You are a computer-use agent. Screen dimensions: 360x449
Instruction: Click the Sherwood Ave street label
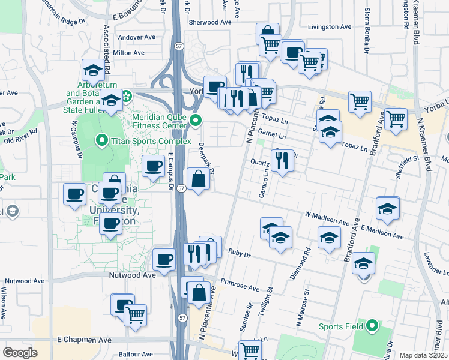point(209,22)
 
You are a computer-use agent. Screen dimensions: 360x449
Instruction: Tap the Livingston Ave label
point(329,27)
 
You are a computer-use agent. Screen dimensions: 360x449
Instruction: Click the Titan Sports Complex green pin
point(102,142)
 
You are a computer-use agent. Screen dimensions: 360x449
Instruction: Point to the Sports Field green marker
point(372,326)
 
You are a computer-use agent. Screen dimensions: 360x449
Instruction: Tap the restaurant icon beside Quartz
point(282,160)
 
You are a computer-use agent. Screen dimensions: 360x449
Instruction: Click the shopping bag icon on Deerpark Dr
point(198,178)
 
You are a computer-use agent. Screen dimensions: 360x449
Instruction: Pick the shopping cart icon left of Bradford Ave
point(359,101)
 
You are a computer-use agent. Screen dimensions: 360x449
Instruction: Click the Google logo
point(20,352)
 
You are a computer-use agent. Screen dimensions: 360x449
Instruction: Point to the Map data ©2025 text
point(423,355)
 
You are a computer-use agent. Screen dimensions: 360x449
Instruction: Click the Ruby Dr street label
point(238,253)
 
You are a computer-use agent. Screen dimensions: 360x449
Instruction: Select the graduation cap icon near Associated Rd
point(93,71)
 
